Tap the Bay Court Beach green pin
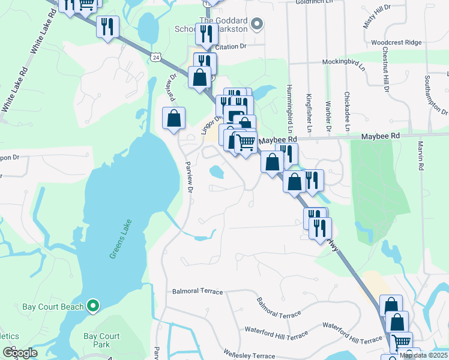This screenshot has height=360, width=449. [x=92, y=307]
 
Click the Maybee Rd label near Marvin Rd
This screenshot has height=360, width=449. [x=380, y=137]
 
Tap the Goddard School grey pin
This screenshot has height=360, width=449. [x=257, y=24]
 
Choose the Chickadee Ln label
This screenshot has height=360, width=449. [x=347, y=112]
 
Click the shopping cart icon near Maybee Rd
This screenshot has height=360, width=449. [x=245, y=143]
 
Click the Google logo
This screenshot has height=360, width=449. [x=20, y=353]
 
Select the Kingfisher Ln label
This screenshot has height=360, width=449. [x=308, y=113]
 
